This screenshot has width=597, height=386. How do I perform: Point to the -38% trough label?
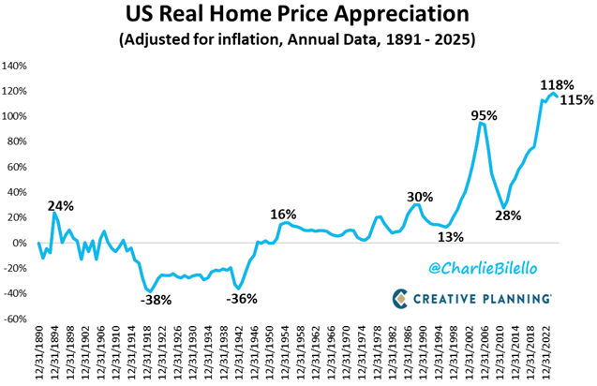(156, 302)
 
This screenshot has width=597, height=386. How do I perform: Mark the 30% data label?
(420, 197)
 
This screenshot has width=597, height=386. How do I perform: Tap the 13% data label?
(450, 237)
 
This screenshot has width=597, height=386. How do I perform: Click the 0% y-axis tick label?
(23, 243)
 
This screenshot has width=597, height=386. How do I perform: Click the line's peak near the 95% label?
(482, 124)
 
